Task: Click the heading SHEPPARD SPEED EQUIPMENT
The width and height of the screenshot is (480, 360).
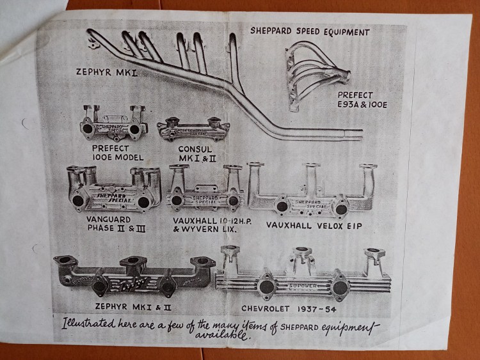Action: (x=310, y=31)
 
